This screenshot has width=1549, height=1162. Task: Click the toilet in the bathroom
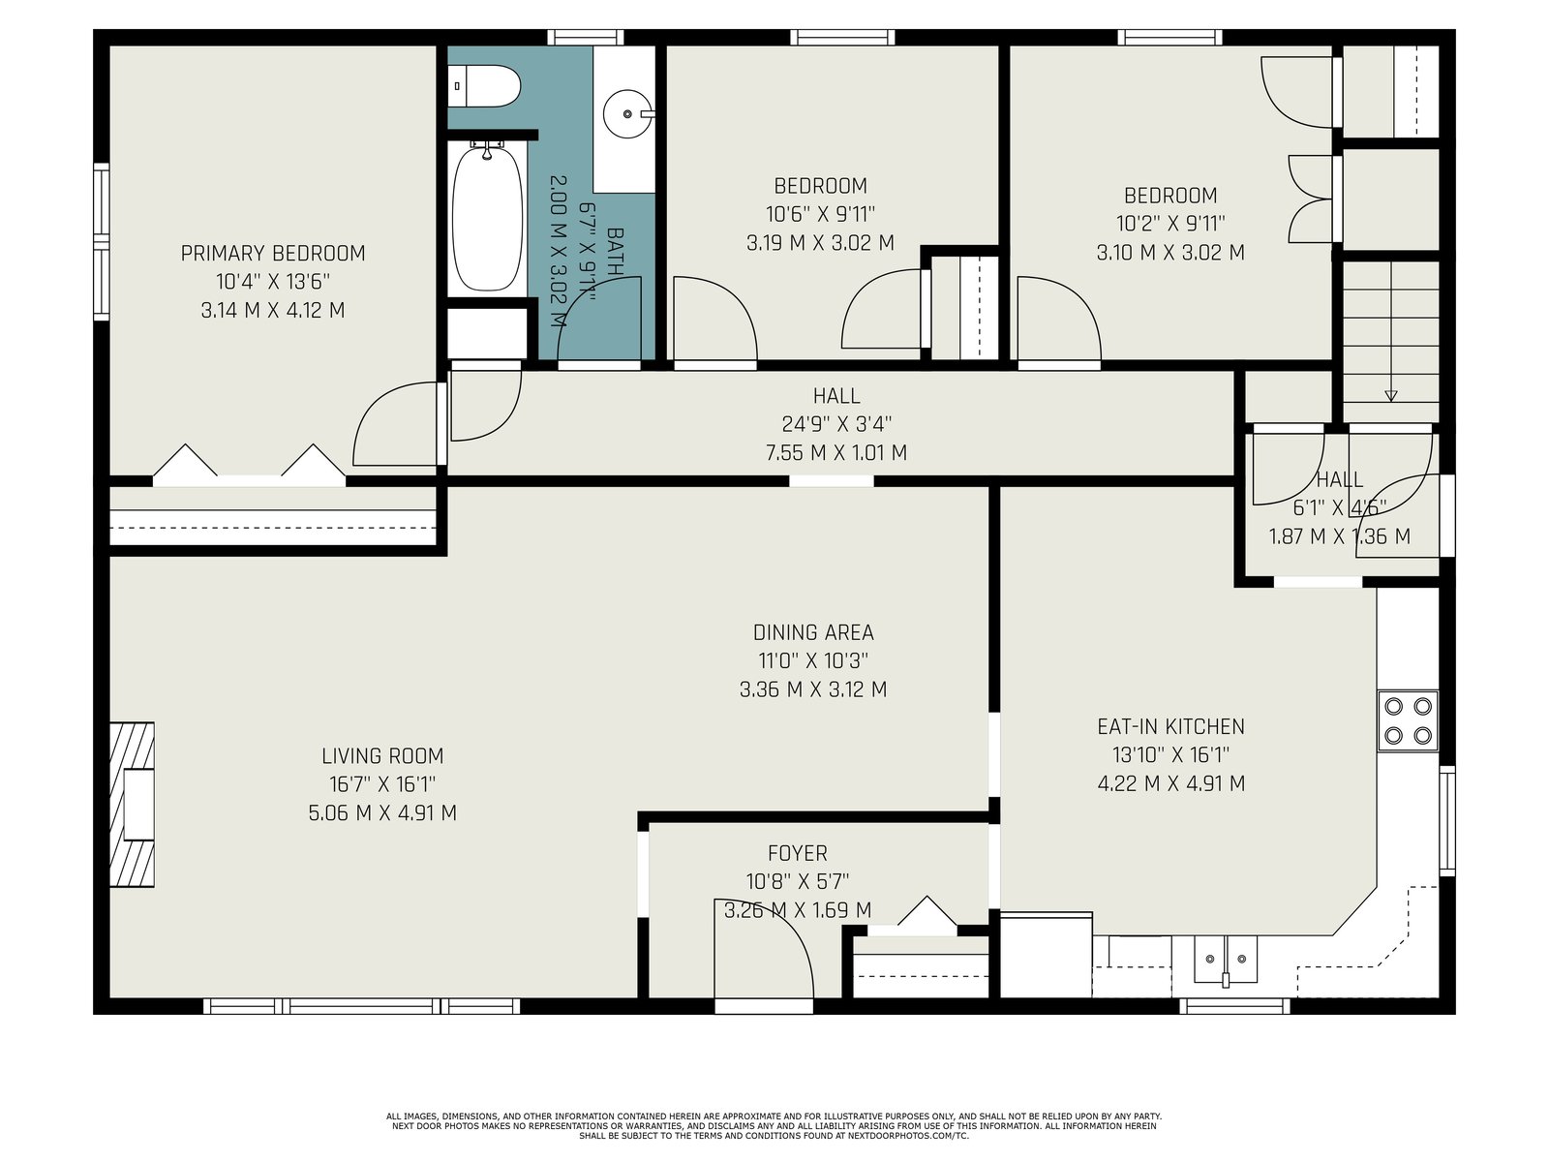(484, 86)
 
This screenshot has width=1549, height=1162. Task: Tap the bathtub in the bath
(487, 216)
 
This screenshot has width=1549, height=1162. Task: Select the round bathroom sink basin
(626, 113)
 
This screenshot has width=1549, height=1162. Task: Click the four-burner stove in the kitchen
(1408, 720)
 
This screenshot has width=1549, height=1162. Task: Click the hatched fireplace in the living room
(132, 805)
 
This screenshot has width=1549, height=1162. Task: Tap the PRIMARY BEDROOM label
(273, 254)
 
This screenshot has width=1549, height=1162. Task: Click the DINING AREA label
(813, 632)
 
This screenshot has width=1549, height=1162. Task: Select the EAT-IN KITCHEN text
(1170, 726)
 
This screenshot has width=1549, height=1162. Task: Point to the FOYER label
(798, 854)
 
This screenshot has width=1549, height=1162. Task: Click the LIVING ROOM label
(382, 756)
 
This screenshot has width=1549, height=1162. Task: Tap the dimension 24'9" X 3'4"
(836, 424)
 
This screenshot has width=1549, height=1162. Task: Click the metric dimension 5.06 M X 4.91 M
(382, 813)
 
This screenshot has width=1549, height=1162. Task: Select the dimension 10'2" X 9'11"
(1170, 224)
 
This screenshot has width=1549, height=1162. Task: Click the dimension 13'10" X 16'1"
(1170, 755)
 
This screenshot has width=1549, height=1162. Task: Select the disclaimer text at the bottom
(774, 1126)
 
